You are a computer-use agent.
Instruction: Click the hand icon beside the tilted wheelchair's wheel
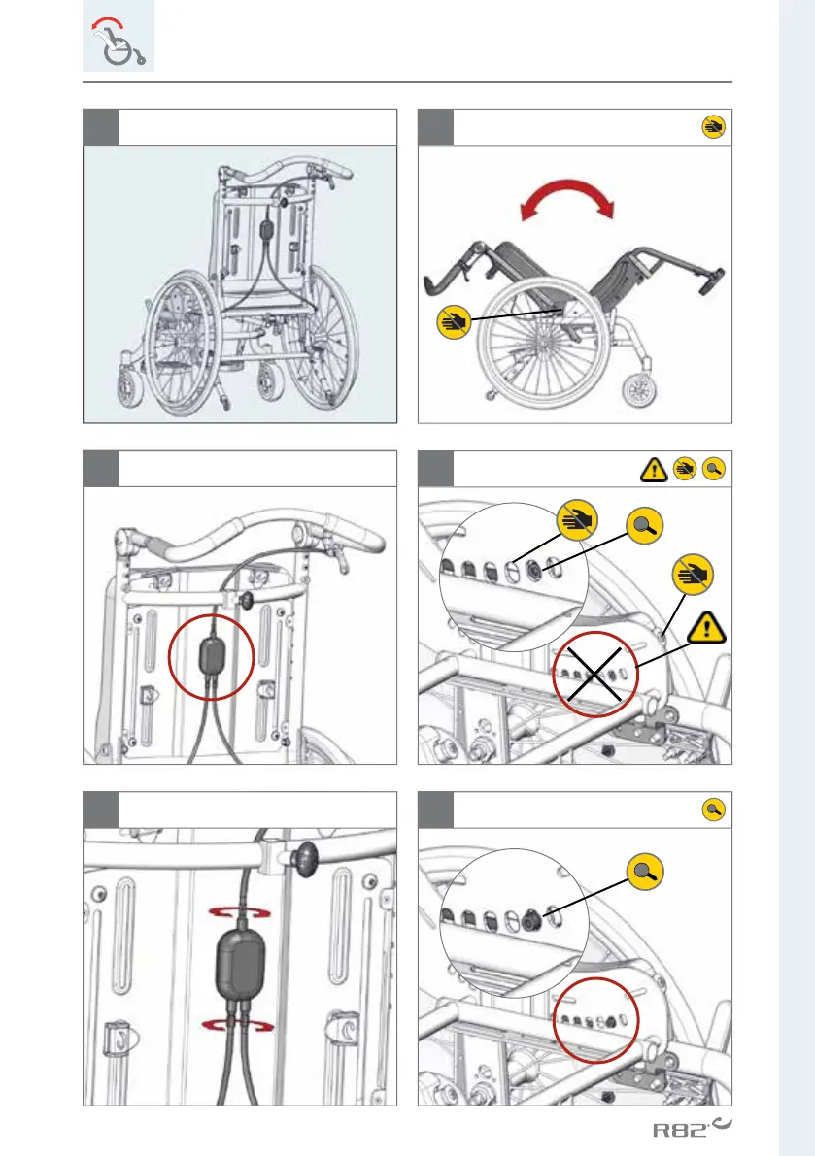(x=452, y=319)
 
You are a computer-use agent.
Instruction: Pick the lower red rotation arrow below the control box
(x=239, y=1026)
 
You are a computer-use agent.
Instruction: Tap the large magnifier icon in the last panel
(x=644, y=873)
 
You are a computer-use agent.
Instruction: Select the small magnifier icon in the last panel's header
(x=713, y=810)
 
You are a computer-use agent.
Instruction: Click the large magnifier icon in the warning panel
(x=646, y=526)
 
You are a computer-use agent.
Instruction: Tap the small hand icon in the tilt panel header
(x=713, y=126)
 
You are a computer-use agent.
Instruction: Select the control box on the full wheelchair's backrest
(x=266, y=233)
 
